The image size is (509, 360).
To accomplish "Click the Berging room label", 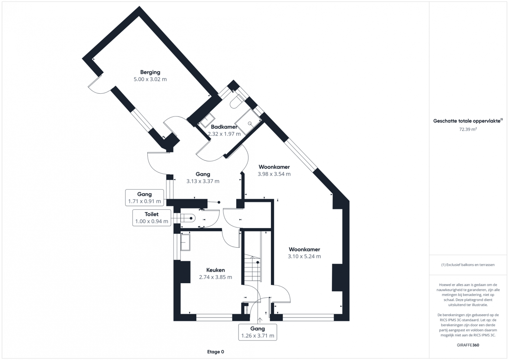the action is pyautogui.click(x=150, y=72).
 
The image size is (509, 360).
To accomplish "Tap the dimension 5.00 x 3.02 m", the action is pyautogui.click(x=150, y=79).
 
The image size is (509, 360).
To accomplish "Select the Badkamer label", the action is pyautogui.click(x=224, y=127).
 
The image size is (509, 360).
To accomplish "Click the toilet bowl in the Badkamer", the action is pyautogui.click(x=236, y=102).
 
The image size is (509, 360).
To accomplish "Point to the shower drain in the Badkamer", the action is pyautogui.click(x=250, y=123).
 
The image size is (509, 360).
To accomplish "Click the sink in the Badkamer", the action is pyautogui.click(x=207, y=120).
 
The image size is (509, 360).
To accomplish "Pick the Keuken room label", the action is pyautogui.click(x=215, y=270).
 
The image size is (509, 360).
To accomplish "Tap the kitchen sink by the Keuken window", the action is pyautogui.click(x=186, y=242).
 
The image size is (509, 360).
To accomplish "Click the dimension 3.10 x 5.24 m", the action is pyautogui.click(x=304, y=256).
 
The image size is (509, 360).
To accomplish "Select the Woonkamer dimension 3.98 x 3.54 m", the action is pyautogui.click(x=274, y=174).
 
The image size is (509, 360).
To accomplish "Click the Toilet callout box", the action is pyautogui.click(x=152, y=218).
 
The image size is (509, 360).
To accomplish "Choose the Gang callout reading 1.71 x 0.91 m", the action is pyautogui.click(x=144, y=198).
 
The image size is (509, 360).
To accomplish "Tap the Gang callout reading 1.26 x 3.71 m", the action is pyautogui.click(x=258, y=332).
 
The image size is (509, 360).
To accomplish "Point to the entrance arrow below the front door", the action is pyautogui.click(x=259, y=320).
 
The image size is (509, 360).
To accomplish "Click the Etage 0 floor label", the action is pyautogui.click(x=215, y=352).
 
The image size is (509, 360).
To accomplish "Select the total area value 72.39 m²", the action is pyautogui.click(x=468, y=129).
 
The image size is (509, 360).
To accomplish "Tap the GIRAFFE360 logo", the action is pyautogui.click(x=468, y=345).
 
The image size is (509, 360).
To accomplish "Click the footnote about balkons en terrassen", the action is pyautogui.click(x=468, y=265).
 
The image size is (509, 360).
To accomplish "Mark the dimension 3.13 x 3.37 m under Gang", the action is pyautogui.click(x=203, y=181).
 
